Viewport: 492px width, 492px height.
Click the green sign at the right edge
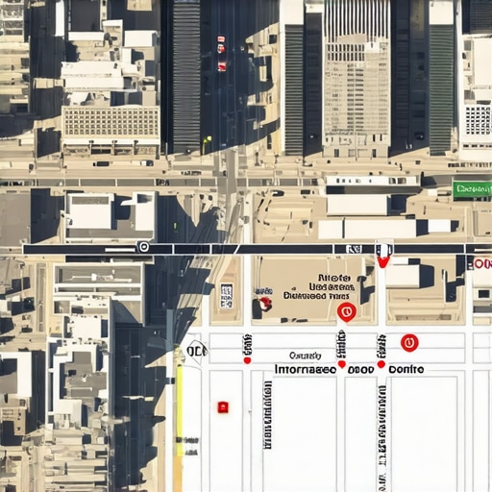[472, 189]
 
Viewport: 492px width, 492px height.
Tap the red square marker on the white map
[223, 406]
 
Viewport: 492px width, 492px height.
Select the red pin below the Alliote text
[348, 311]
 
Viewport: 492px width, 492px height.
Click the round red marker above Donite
[409, 342]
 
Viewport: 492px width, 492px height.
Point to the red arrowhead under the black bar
[383, 259]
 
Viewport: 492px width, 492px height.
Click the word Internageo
[306, 368]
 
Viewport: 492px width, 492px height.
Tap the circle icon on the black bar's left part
[144, 248]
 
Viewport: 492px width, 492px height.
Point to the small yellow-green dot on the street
[207, 140]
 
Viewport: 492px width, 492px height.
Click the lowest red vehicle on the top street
[222, 66]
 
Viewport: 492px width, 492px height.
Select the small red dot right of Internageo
[342, 364]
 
